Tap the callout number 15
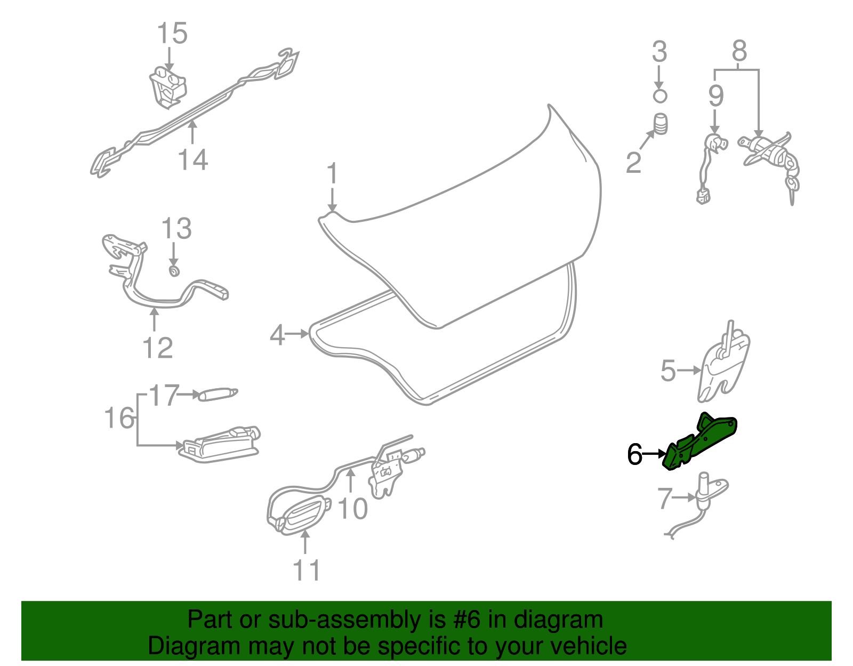tap(172, 33)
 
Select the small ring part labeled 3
tap(660, 96)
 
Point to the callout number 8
tap(739, 52)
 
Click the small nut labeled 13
tap(173, 271)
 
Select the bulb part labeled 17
tap(218, 395)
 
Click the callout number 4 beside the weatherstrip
tap(277, 335)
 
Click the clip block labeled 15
tap(168, 85)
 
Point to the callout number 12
tap(158, 348)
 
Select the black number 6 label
tap(634, 454)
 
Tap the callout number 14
tap(192, 159)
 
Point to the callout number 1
tap(332, 174)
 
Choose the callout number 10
tap(352, 509)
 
